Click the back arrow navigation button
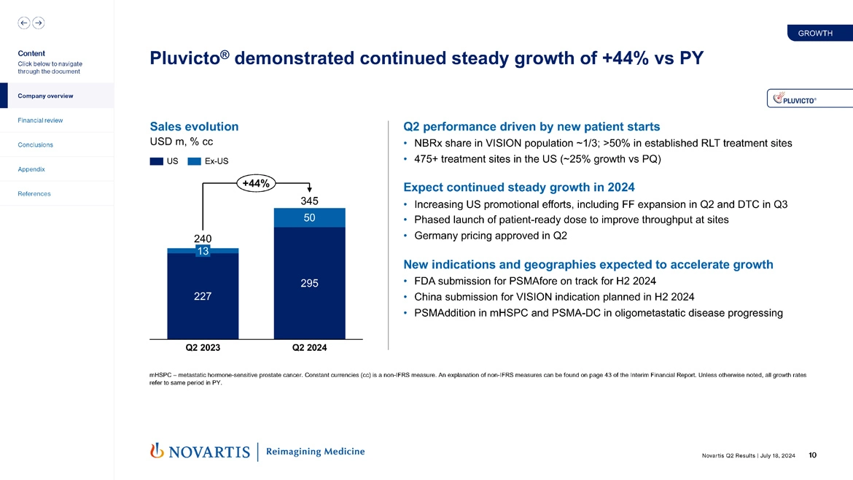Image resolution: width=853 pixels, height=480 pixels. click(x=24, y=23)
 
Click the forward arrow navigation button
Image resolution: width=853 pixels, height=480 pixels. click(x=38, y=23)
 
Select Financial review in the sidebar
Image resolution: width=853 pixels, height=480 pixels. click(x=41, y=120)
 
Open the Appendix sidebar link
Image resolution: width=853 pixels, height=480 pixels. click(x=32, y=169)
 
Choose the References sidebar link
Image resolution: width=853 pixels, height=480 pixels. click(x=34, y=194)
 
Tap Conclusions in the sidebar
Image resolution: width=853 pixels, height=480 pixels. click(x=36, y=144)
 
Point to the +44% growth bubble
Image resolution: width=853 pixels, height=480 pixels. click(x=254, y=184)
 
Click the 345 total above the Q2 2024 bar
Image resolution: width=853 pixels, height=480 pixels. click(x=309, y=200)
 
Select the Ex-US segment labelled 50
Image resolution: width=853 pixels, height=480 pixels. click(x=309, y=218)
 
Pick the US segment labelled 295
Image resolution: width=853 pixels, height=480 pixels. click(x=309, y=283)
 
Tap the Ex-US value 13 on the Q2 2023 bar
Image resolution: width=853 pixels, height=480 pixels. click(x=203, y=251)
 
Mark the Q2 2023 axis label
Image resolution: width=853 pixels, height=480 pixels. click(x=203, y=348)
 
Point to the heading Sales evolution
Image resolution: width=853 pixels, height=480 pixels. click(x=194, y=126)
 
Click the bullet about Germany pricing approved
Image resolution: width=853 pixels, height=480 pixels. click(x=489, y=236)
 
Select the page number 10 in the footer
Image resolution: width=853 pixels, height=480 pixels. click(x=812, y=456)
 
